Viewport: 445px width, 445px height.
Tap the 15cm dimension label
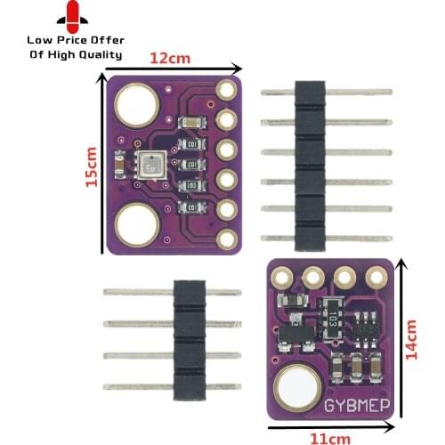[x=89, y=167]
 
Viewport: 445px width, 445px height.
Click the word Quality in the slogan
[x=100, y=54]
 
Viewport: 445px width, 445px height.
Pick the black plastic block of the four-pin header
[x=189, y=338]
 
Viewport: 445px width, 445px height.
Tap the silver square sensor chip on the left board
[x=150, y=164]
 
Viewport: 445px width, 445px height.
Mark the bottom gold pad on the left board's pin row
[x=227, y=238]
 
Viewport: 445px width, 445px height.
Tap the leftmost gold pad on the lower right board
[x=283, y=278]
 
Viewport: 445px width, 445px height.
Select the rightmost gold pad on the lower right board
[x=373, y=278]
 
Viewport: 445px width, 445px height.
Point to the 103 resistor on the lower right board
[x=332, y=316]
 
